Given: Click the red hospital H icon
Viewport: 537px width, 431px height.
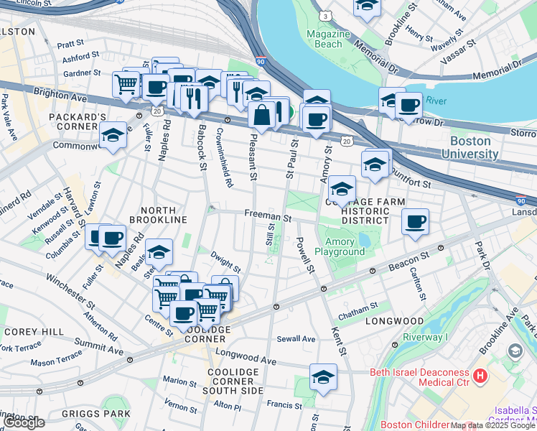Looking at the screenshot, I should pos(480,375).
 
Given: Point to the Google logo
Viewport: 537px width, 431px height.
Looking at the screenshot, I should pos(24,422).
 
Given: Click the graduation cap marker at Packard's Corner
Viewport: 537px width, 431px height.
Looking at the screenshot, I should pos(113,136).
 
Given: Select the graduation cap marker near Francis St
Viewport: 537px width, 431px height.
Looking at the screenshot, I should pos(323,377).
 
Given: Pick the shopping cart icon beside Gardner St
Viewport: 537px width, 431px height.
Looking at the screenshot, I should pos(126,83).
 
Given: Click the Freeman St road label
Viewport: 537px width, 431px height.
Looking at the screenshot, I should pos(267,216).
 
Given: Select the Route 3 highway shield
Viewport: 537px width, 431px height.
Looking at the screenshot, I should pos(326,15).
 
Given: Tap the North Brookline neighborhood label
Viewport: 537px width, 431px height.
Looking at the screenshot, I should pos(158,219).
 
